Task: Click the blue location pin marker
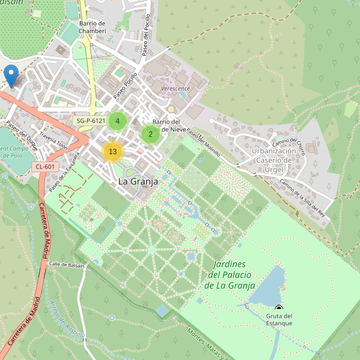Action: pyautogui.click(x=10, y=76)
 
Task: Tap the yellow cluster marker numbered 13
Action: pyautogui.click(x=112, y=151)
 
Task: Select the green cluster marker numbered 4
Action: pyautogui.click(x=118, y=121)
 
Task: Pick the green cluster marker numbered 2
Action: pyautogui.click(x=151, y=134)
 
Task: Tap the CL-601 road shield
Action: pyautogui.click(x=45, y=167)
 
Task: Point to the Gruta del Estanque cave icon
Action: pyautogui.click(x=278, y=308)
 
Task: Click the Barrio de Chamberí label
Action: pyautogui.click(x=92, y=27)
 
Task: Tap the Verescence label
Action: pyautogui.click(x=176, y=88)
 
